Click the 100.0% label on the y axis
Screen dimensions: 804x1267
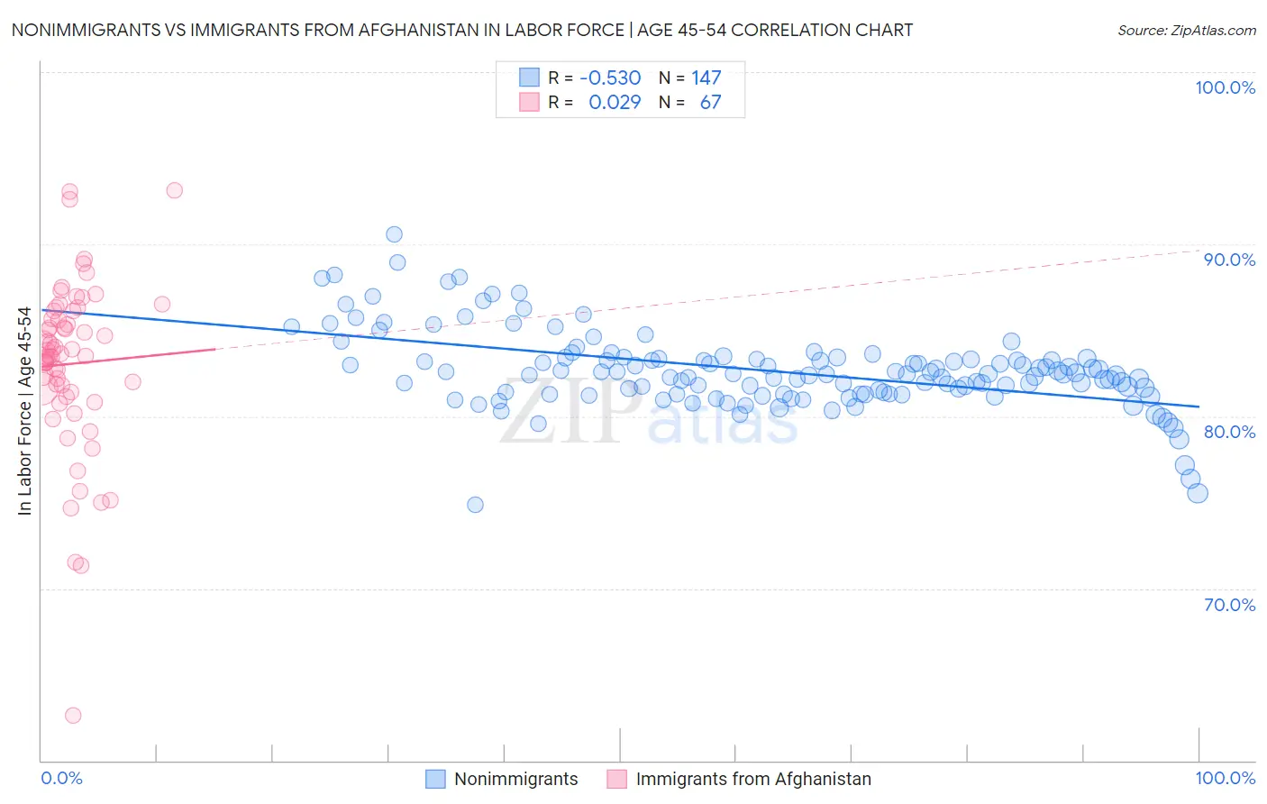pyautogui.click(x=1225, y=87)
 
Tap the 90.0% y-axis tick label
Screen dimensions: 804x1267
pyautogui.click(x=1229, y=260)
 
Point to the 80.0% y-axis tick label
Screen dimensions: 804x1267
pyautogui.click(x=1229, y=432)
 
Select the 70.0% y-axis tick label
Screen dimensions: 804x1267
pyautogui.click(x=1229, y=605)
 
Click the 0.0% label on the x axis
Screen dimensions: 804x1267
pyautogui.click(x=61, y=778)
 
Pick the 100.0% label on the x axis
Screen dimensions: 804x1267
pyautogui.click(x=1225, y=778)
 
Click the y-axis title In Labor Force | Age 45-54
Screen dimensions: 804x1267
pyautogui.click(x=24, y=411)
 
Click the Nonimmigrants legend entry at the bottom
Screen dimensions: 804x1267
pyautogui.click(x=515, y=779)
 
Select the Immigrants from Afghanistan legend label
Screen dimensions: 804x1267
pyautogui.click(x=753, y=779)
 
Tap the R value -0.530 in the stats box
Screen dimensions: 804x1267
pyautogui.click(x=610, y=78)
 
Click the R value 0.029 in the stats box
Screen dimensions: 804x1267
pyautogui.click(x=615, y=102)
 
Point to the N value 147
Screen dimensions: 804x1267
pyautogui.click(x=706, y=78)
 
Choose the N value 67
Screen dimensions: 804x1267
pyautogui.click(x=710, y=102)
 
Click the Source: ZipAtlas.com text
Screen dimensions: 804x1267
pyautogui.click(x=1186, y=30)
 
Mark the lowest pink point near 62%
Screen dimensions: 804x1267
pyautogui.click(x=73, y=716)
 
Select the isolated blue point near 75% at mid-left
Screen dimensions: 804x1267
pyautogui.click(x=475, y=505)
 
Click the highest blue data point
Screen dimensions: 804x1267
pyautogui.click(x=394, y=234)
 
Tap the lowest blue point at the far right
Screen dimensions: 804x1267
pyautogui.click(x=1197, y=493)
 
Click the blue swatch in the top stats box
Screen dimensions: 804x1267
pyautogui.click(x=529, y=78)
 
